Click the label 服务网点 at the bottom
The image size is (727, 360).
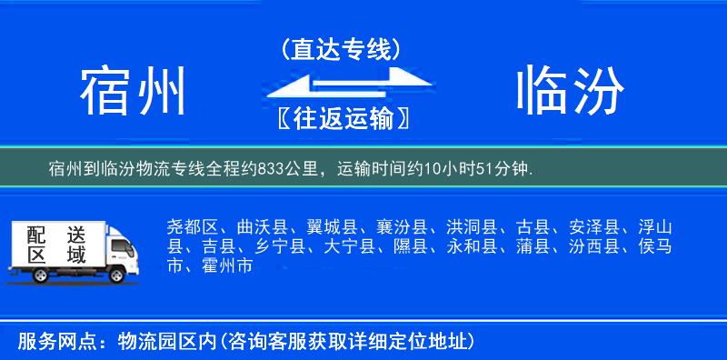pos(45,341)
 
